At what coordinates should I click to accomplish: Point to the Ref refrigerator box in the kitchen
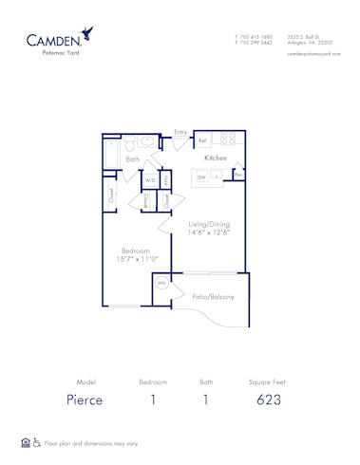[x=203, y=140]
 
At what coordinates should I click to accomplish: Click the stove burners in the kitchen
[x=228, y=139]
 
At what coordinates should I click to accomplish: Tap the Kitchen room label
[x=216, y=158]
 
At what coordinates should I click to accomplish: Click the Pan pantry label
[x=238, y=176]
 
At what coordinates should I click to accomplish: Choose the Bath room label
[x=133, y=159]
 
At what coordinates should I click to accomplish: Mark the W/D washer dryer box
[x=150, y=179]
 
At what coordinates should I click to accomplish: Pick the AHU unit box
[x=165, y=179]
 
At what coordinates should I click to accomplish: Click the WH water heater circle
[x=161, y=283]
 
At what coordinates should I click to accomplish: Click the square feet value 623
[x=269, y=400]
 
